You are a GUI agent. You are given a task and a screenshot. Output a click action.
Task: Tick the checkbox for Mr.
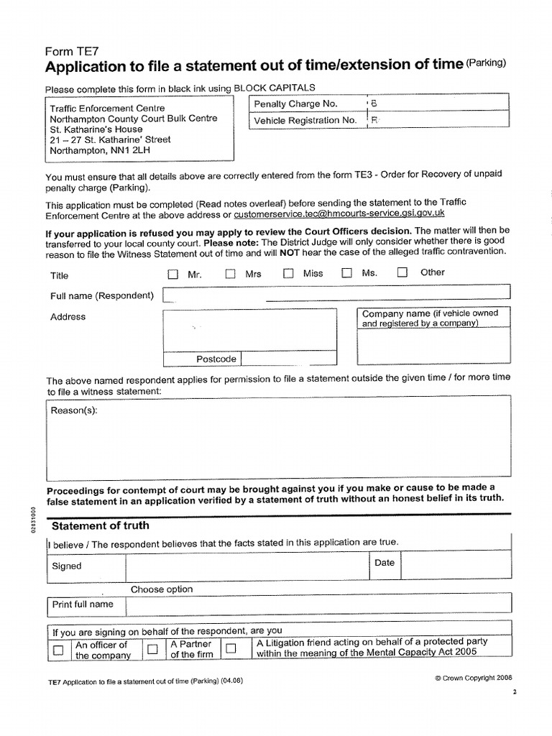[x=172, y=274]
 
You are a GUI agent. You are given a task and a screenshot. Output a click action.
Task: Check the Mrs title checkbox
[x=230, y=274]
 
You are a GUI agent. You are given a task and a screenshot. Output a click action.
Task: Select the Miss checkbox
[x=287, y=274]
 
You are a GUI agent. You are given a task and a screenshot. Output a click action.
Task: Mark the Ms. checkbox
[x=346, y=274]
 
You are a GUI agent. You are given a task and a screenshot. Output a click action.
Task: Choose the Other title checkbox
[x=402, y=272]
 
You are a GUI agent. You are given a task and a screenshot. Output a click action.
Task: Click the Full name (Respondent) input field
[x=336, y=293]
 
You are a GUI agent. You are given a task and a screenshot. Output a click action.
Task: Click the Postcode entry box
[x=287, y=359]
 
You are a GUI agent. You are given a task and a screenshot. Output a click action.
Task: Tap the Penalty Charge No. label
[x=295, y=103]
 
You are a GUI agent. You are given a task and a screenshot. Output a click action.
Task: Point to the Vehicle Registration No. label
[x=305, y=120]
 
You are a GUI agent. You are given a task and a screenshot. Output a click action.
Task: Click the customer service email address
[x=339, y=213]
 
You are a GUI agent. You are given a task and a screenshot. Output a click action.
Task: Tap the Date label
[x=385, y=563]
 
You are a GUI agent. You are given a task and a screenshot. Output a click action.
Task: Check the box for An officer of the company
[x=58, y=650]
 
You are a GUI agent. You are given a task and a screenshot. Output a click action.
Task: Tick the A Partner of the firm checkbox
[x=152, y=650]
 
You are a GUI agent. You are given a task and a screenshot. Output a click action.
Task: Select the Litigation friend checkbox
[x=231, y=649]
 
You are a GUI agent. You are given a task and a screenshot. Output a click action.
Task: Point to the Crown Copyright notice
[x=473, y=678]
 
